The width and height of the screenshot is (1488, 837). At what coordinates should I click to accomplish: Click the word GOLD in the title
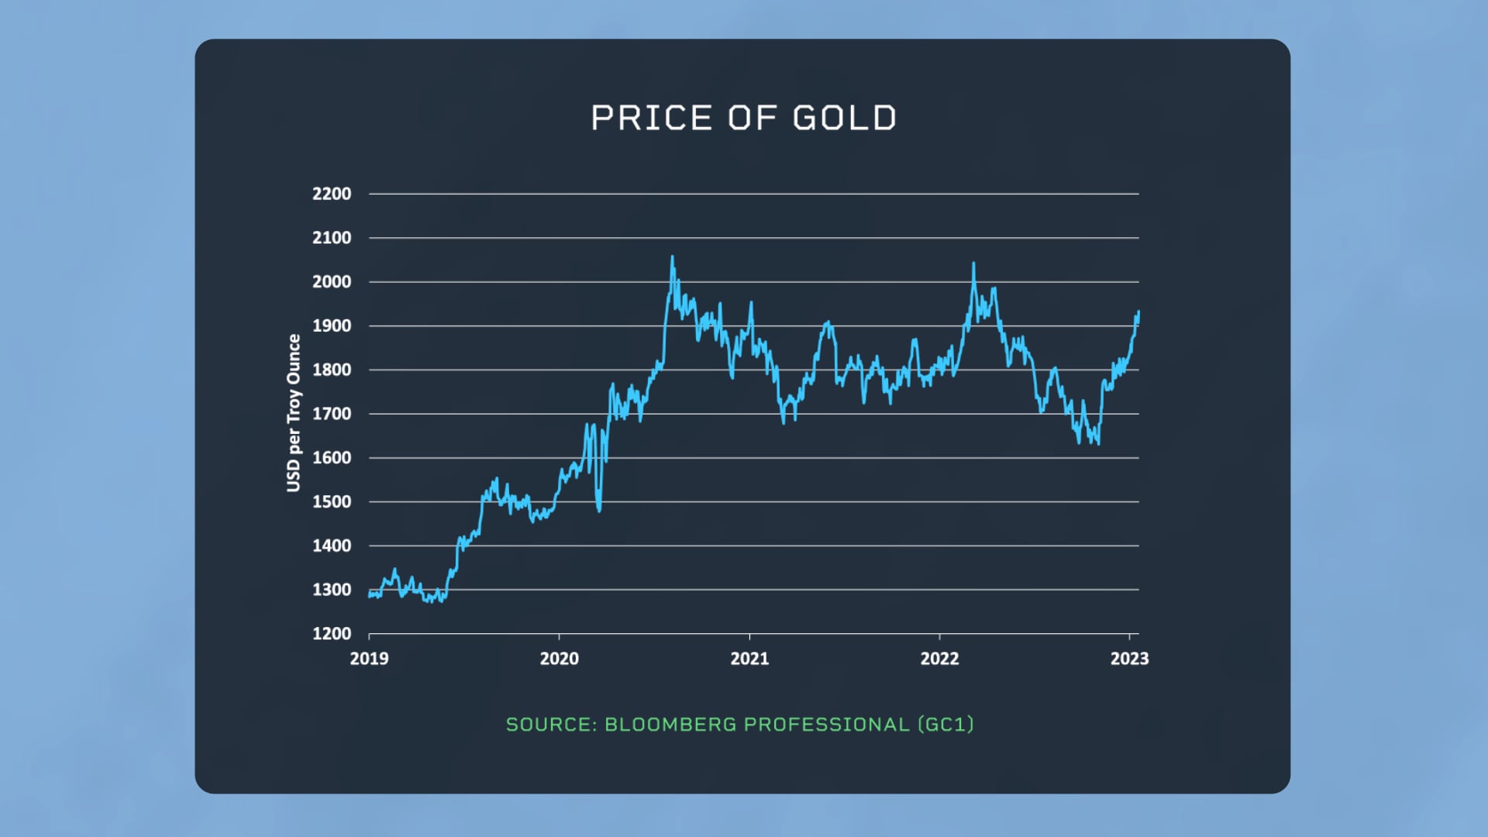[845, 119]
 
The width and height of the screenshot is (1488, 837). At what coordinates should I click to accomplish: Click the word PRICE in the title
[651, 119]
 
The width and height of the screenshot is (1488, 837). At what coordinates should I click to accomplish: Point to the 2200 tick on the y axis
[332, 194]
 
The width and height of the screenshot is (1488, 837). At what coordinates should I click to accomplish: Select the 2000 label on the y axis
[332, 282]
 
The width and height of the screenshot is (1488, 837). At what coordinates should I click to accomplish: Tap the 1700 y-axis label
[332, 414]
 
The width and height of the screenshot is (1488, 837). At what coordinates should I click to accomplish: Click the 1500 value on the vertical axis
[332, 502]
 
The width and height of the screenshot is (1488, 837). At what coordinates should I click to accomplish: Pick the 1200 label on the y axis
[332, 634]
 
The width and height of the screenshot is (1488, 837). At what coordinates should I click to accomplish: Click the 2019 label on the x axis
[369, 659]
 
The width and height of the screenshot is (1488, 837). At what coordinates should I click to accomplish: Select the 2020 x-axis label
[559, 659]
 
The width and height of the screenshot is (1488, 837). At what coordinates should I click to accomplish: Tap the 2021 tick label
[749, 659]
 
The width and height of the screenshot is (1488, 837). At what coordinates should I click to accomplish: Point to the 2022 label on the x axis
[939, 659]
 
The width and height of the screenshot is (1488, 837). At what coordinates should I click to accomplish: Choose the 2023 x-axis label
[1129, 659]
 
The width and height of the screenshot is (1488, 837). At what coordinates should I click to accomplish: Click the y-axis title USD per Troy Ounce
[294, 413]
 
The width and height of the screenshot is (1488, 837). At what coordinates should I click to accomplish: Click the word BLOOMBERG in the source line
[670, 725]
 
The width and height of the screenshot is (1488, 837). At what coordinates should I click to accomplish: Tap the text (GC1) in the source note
[945, 725]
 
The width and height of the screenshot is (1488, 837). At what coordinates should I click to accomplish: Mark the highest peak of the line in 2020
[672, 257]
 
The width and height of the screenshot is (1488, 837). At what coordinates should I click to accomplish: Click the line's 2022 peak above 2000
[973, 264]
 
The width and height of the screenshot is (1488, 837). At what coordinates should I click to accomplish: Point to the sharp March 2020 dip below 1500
[599, 509]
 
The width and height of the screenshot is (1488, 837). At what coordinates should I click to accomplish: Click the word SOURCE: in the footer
[551, 725]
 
